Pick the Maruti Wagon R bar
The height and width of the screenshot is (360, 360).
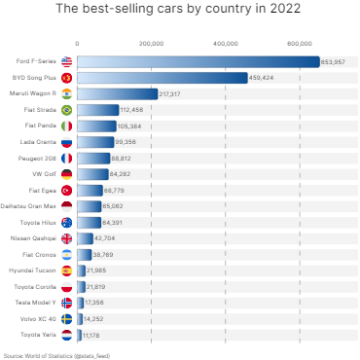[117, 93]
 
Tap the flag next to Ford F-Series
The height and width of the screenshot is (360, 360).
[66, 61]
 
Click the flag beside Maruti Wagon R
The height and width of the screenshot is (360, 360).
[66, 93]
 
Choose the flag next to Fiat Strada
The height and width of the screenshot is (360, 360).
[66, 110]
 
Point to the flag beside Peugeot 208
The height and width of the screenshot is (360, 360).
[66, 158]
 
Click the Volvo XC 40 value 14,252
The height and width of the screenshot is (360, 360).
[93, 318]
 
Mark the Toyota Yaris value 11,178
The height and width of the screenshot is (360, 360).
[91, 334]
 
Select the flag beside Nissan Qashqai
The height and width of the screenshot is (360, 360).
[66, 238]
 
